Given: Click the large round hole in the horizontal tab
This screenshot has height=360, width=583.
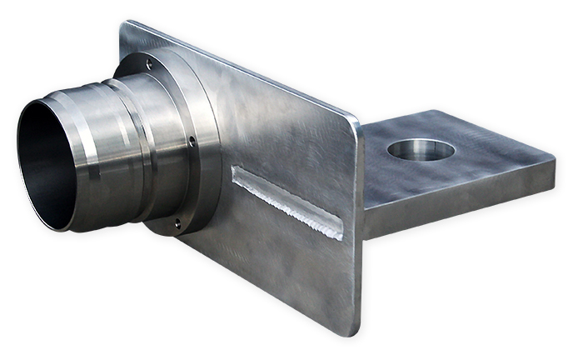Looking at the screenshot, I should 421,150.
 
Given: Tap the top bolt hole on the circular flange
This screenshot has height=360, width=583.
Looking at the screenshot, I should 149,62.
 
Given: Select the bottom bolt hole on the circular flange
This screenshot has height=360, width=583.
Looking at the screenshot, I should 177,222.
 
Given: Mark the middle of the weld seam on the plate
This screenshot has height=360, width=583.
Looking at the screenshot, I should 287,201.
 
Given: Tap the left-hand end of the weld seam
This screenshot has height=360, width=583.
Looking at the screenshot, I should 237,171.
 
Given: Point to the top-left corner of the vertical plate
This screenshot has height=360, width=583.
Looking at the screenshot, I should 125,25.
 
